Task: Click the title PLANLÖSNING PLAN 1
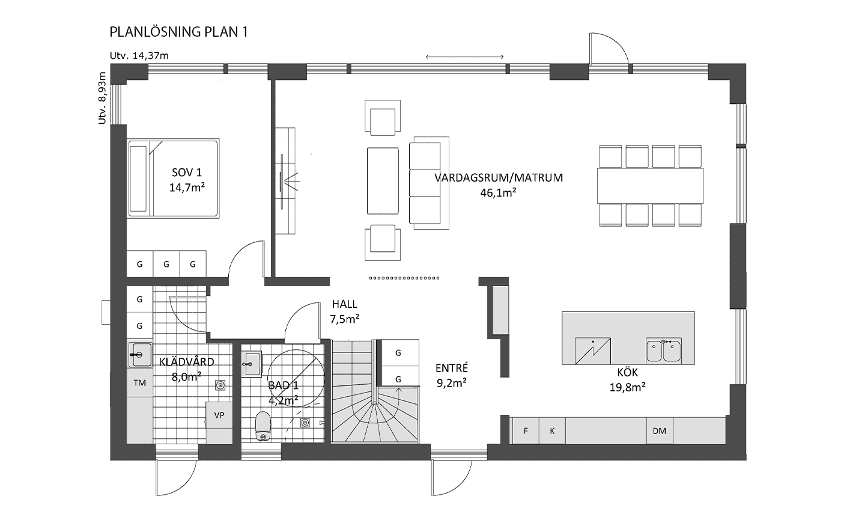(179, 32)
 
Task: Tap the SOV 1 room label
(187, 173)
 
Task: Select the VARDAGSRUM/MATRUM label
(499, 178)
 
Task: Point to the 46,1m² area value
(498, 193)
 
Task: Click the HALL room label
(345, 304)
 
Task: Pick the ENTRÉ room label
(452, 367)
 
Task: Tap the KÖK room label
(627, 372)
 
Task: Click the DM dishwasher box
(660, 430)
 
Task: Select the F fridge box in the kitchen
(526, 430)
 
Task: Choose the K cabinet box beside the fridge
(552, 430)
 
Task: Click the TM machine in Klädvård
(139, 383)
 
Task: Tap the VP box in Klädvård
(219, 415)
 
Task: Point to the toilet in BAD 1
(263, 426)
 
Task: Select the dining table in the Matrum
(650, 186)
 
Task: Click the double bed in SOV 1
(173, 179)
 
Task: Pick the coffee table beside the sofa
(383, 181)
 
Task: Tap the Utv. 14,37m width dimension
(139, 56)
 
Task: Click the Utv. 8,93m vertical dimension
(102, 98)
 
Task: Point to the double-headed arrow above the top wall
(464, 57)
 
